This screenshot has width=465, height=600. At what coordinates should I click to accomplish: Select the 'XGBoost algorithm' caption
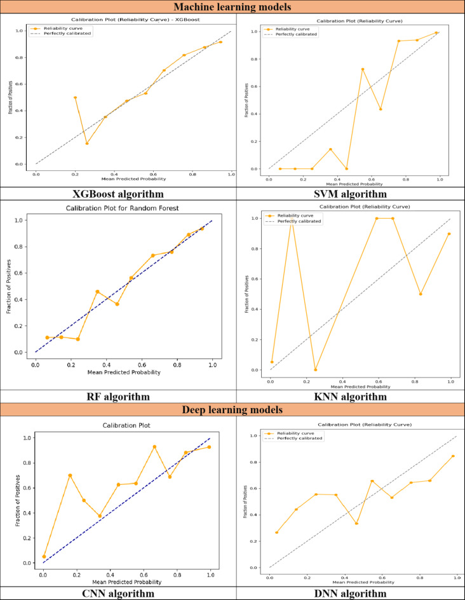[x=118, y=194]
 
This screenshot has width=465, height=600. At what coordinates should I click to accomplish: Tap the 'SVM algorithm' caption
[x=350, y=194]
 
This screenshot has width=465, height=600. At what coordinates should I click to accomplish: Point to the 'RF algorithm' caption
[x=118, y=397]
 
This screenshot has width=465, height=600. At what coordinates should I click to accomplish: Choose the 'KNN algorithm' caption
[x=350, y=397]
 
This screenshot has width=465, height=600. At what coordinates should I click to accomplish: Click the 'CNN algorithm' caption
[x=118, y=594]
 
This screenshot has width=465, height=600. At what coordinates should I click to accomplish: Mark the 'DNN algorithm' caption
[x=350, y=594]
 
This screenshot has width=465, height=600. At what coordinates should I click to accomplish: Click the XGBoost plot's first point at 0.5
[x=76, y=97]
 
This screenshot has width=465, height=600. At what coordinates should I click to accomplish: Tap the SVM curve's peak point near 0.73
[x=363, y=69]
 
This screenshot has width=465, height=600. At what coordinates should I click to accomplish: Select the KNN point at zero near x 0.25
[x=316, y=369]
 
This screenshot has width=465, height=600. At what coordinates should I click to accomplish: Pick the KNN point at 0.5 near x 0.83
[x=421, y=294]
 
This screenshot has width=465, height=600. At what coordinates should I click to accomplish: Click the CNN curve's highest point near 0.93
[x=154, y=446]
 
